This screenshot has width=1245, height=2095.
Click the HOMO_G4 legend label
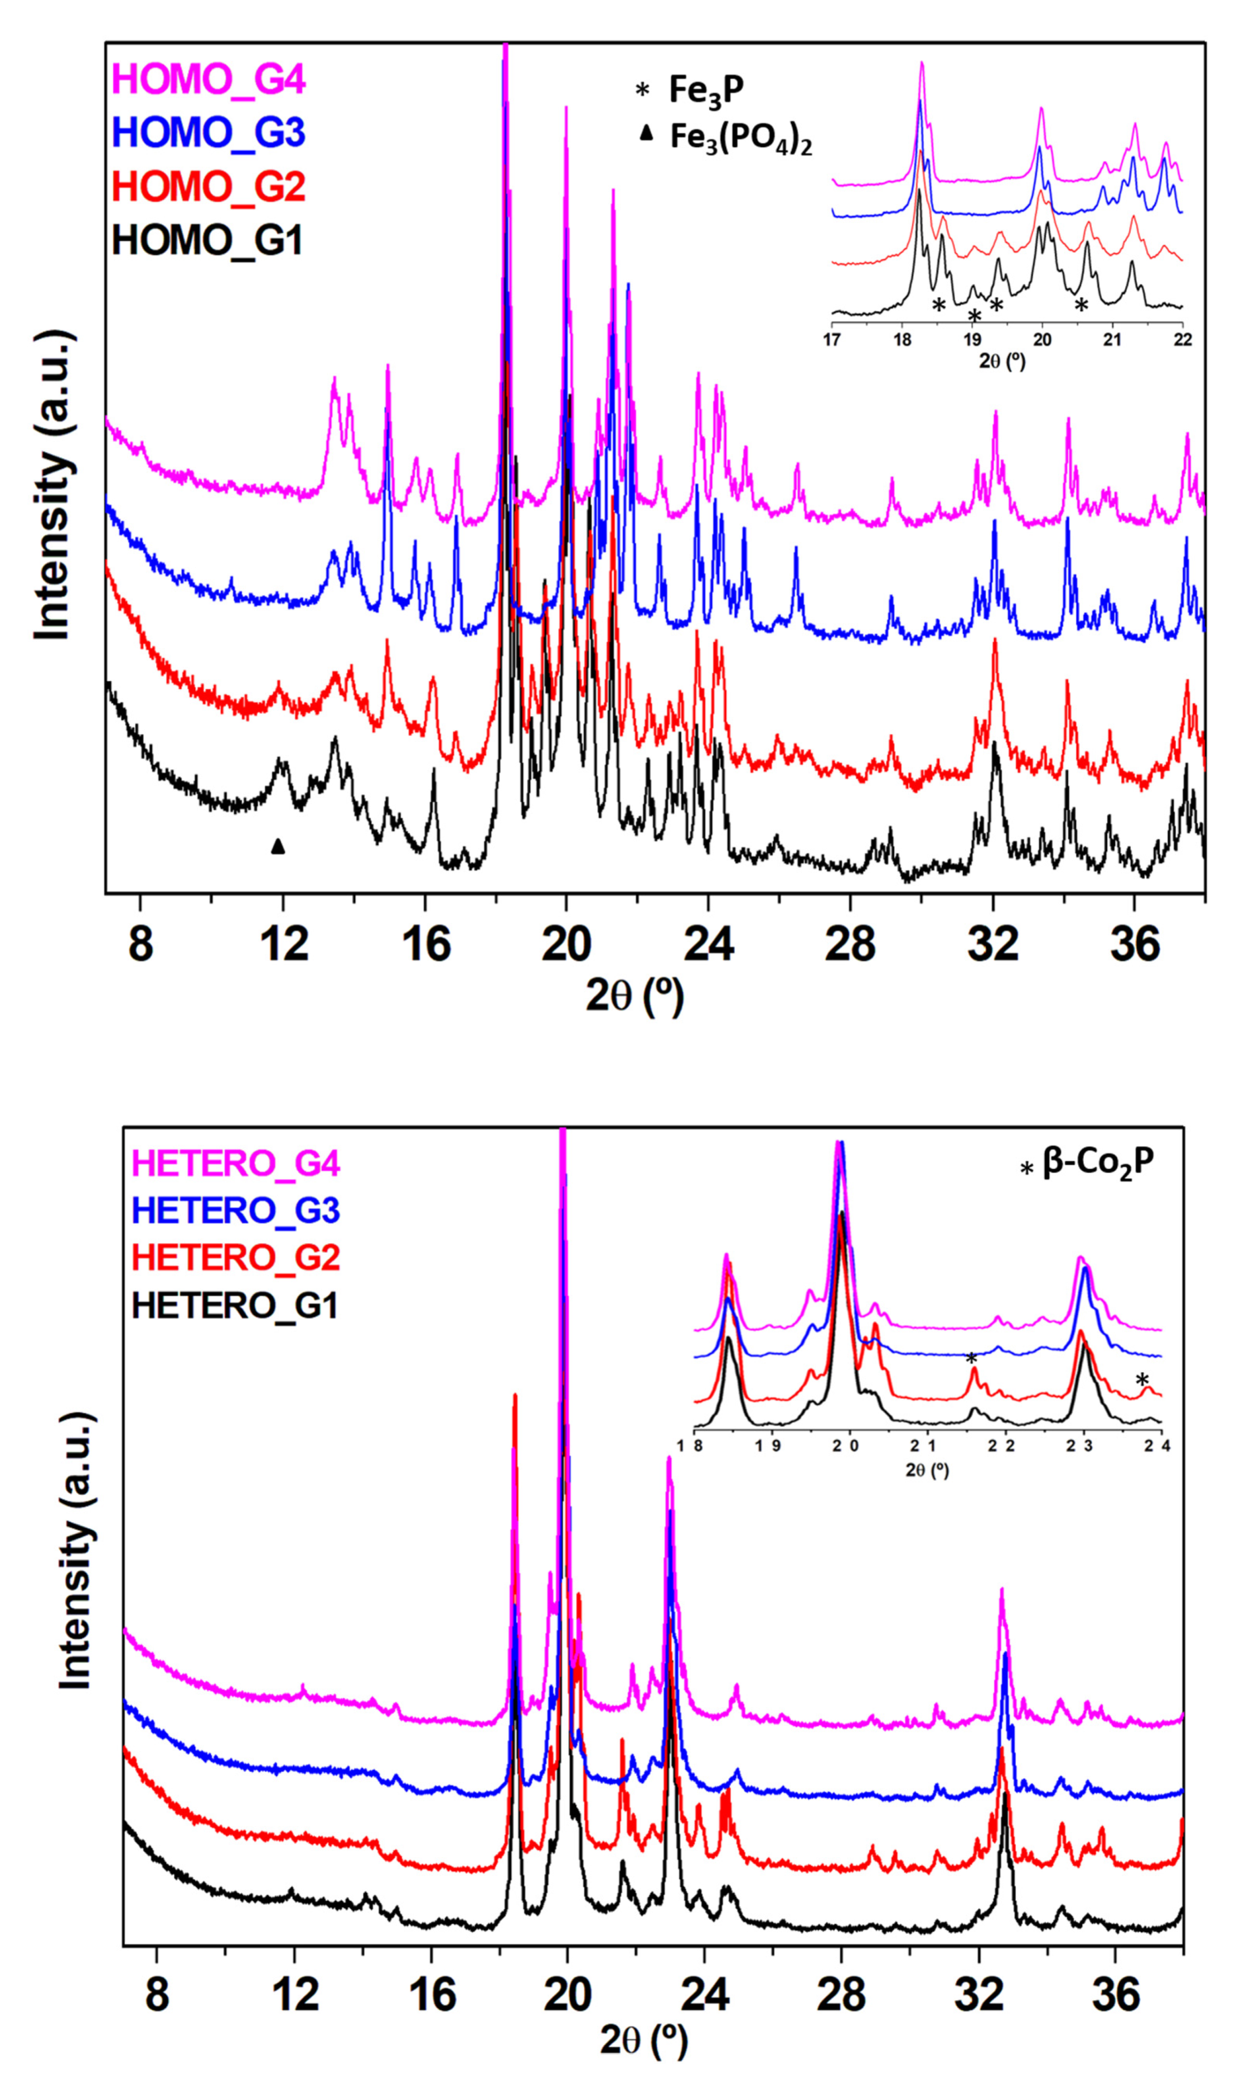208,80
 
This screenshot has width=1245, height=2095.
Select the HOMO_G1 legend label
206,241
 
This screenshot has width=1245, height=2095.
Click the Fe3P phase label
705,90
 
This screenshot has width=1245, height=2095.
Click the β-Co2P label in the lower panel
1097,1164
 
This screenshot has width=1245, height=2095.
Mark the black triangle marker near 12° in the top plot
278,847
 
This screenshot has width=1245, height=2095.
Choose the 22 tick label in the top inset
1181,340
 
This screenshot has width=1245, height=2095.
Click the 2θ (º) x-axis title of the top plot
634,996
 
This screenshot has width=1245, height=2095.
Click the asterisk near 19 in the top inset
974,316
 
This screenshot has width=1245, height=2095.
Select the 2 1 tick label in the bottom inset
928,1446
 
